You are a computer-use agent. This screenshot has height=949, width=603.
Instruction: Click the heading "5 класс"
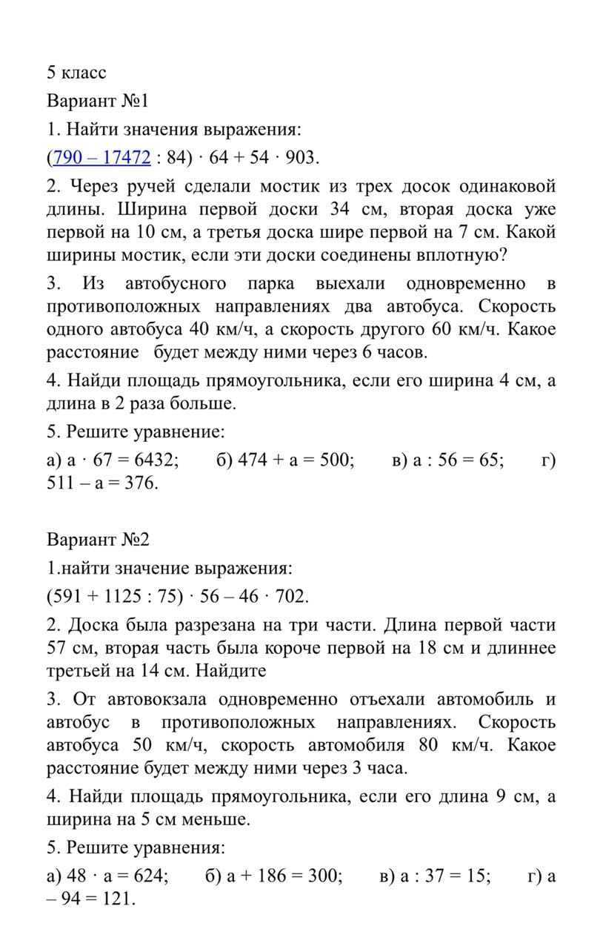pyautogui.click(x=76, y=73)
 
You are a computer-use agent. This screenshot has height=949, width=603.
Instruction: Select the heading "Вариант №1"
pyautogui.click(x=98, y=101)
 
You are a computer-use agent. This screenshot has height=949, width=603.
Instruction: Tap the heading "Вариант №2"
pyautogui.click(x=98, y=539)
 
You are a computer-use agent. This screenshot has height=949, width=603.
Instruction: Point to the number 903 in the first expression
pyautogui.click(x=301, y=157)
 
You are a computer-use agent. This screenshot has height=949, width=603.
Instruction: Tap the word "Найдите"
pyautogui.click(x=229, y=671)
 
